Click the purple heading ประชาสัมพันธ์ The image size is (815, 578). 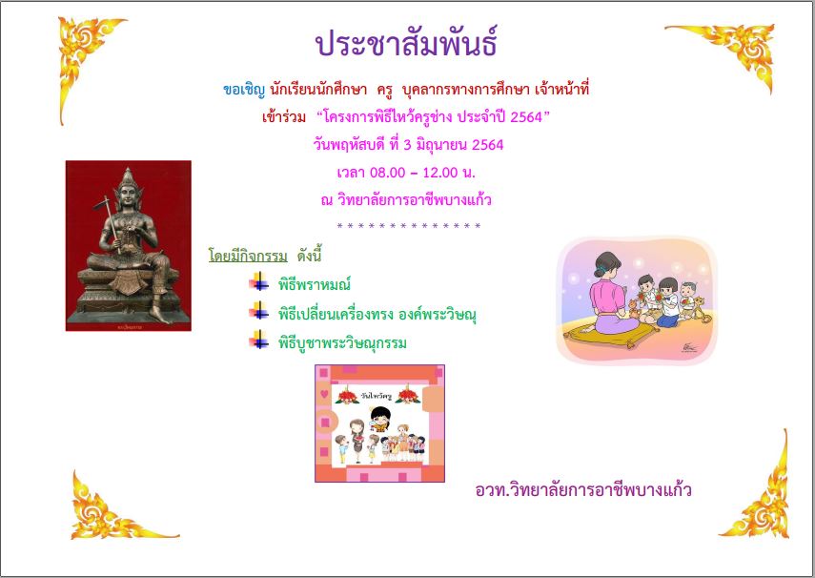click(x=406, y=43)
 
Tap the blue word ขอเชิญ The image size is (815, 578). click(x=244, y=90)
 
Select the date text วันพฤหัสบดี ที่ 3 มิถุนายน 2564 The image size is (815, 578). click(x=408, y=145)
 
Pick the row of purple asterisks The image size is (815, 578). click(x=409, y=226)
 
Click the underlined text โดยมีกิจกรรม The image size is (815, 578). click(x=248, y=257)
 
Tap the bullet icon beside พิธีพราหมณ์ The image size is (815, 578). click(x=259, y=281)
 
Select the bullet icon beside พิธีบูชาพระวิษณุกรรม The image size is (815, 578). click(x=259, y=341)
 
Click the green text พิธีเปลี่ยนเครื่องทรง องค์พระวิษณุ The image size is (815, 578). click(x=377, y=315)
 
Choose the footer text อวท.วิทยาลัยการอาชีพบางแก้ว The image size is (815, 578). click(x=583, y=490)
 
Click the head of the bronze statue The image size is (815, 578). click(x=128, y=192)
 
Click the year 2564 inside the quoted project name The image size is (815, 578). click(x=526, y=117)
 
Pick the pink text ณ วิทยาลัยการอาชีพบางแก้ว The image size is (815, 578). click(x=406, y=199)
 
